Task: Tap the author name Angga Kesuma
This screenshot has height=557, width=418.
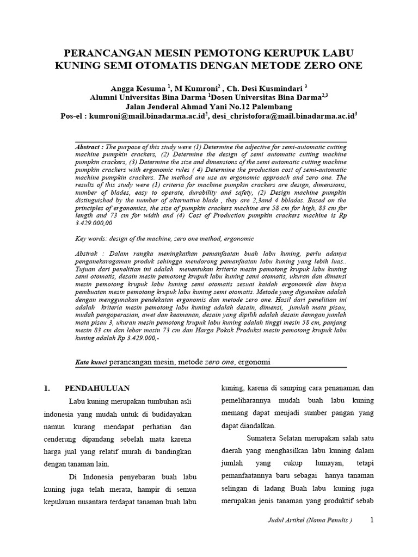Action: pos(138,88)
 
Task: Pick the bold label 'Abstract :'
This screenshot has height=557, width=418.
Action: pos(89,147)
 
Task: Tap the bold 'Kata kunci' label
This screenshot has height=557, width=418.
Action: pos(90,362)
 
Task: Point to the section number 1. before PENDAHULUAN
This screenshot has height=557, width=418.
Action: pos(47,388)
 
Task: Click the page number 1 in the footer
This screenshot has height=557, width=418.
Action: pos(372,520)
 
